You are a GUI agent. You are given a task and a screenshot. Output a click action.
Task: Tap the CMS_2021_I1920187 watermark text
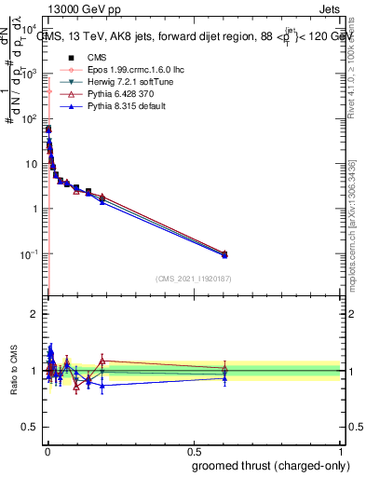click(194, 279)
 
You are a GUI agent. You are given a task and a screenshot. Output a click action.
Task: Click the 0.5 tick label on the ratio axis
click(30, 428)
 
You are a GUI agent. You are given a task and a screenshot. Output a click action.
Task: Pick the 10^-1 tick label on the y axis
click(29, 253)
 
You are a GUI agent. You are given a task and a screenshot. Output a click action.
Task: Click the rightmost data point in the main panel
click(224, 253)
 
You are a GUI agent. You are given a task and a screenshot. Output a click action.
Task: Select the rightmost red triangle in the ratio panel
click(224, 369)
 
